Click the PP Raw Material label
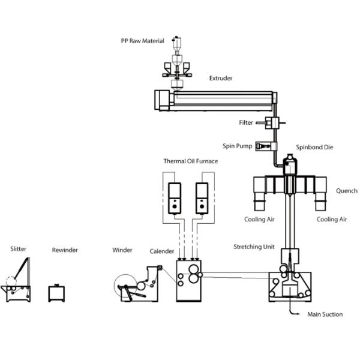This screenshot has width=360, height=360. tap(144, 41)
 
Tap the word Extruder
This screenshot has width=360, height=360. tap(221, 78)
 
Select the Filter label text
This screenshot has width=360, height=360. tap(246, 123)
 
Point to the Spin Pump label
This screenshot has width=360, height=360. tap(236, 146)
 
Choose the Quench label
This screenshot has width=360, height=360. tap(346, 191)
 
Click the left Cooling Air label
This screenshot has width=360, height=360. tap(259, 220)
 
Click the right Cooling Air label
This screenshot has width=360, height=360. tap(332, 220)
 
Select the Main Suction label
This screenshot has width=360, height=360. tap(325, 314)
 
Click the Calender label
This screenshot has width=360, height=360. tap(162, 251)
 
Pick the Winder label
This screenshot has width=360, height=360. tap(122, 250)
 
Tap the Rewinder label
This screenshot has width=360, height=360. tap(65, 250)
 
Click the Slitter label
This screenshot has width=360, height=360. tap(18, 248)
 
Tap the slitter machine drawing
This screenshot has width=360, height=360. tap(17, 282)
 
